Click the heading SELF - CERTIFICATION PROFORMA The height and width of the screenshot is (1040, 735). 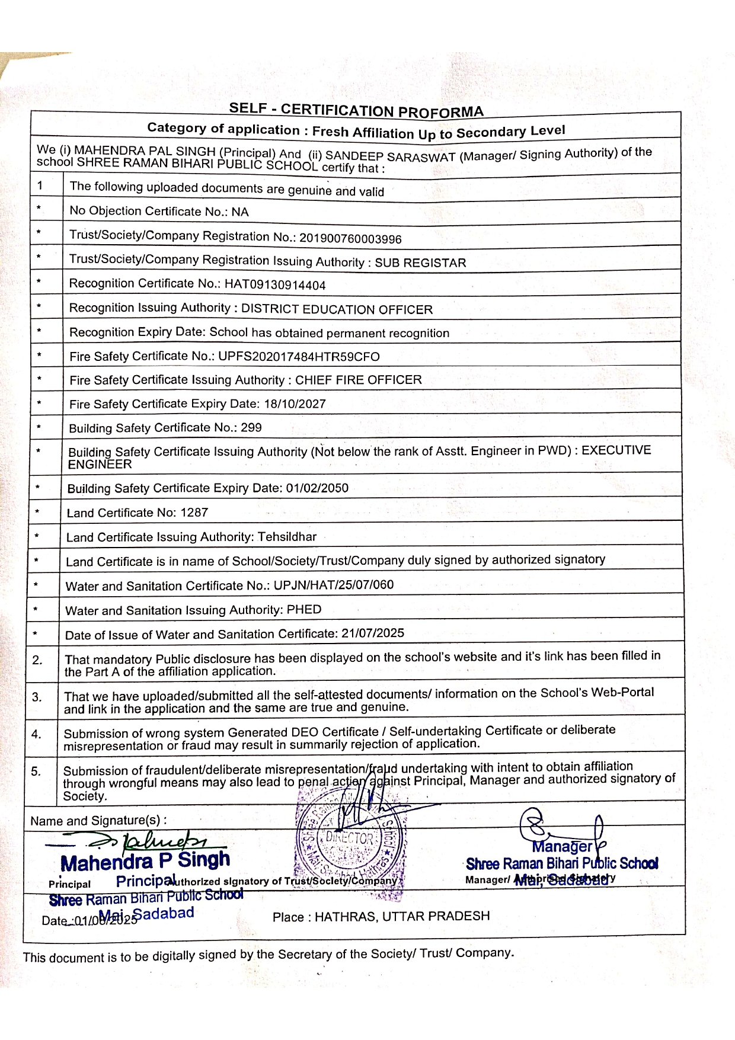point(356,110)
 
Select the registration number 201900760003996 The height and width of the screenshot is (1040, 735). point(350,238)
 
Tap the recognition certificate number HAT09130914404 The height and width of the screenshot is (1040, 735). point(275,284)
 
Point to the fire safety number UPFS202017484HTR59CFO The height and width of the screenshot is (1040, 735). point(299,356)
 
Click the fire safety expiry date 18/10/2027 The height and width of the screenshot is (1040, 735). point(295,404)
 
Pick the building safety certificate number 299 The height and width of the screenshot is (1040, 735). point(251,427)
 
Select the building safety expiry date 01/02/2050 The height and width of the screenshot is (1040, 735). point(317,488)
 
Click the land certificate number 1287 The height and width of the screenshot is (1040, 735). point(194,512)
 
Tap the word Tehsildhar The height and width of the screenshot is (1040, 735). point(287,536)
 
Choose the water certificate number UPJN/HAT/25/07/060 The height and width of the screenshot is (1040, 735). point(333,585)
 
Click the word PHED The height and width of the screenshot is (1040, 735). point(304,609)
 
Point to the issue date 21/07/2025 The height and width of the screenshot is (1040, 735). point(373,633)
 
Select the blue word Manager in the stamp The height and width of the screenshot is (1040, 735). point(561,846)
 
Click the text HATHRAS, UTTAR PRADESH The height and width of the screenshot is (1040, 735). point(402,916)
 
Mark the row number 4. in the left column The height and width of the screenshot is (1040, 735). point(36,734)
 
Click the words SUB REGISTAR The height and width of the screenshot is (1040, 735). point(420,263)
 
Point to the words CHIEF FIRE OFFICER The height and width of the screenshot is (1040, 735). point(358,379)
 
